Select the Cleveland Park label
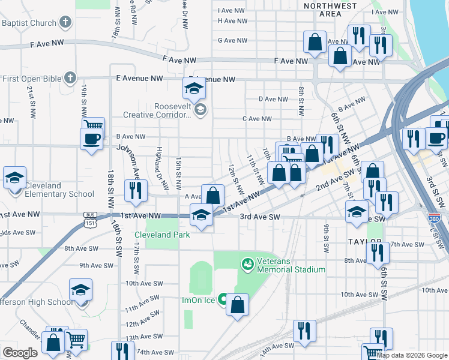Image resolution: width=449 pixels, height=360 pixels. tap(162, 235)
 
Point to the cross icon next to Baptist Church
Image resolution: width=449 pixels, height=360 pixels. tap(66, 23)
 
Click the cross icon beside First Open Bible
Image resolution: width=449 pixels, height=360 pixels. tap(71, 78)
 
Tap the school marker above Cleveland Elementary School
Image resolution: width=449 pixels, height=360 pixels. tap(14, 178)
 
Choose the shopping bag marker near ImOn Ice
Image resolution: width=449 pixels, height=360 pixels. tap(238, 304)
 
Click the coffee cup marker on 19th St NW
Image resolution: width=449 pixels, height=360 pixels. tap(91, 140)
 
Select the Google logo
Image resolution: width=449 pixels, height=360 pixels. tap(20, 353)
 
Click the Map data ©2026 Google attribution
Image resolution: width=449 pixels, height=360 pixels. tap(412, 355)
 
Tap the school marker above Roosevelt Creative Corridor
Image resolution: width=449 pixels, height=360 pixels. tap(194, 90)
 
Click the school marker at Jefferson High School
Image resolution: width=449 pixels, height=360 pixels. tap(80, 290)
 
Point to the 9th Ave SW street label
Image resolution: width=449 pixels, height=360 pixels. tap(96, 265)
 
